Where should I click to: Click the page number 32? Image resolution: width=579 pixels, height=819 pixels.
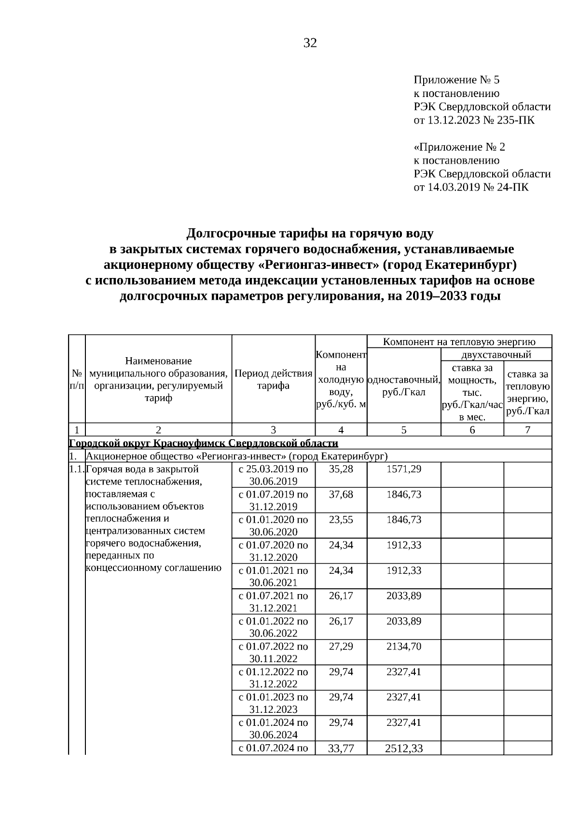(310, 43)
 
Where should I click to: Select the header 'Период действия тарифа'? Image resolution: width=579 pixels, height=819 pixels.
(273, 379)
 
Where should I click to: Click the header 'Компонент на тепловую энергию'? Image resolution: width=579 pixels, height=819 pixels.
(459, 342)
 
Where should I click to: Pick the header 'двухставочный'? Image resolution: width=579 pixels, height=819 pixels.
(496, 355)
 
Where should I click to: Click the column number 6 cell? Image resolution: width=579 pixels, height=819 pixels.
(472, 430)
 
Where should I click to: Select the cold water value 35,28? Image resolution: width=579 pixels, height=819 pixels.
(341, 469)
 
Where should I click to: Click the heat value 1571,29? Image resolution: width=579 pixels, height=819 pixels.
(403, 469)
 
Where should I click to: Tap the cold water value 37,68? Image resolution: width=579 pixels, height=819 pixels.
(341, 494)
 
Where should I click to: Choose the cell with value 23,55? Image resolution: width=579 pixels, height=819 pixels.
(341, 520)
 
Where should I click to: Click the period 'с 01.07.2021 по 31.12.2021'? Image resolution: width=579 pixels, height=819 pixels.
(273, 601)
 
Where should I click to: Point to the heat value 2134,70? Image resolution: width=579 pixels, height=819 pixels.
(403, 646)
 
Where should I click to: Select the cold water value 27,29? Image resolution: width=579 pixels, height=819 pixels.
(341, 646)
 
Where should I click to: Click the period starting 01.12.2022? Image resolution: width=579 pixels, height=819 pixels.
(273, 678)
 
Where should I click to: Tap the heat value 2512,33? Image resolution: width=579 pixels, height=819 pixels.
(403, 748)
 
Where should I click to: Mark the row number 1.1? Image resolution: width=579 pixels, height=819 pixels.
(76, 469)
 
